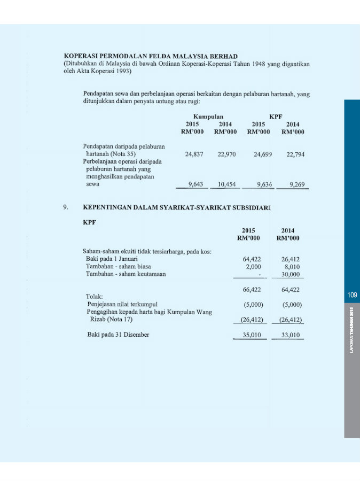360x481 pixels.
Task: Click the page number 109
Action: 351,294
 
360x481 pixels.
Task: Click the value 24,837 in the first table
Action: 194,154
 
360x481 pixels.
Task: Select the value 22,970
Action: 227,154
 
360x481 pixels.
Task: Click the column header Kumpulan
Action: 208,116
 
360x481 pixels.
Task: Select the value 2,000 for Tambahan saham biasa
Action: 253,266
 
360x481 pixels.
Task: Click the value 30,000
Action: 292,274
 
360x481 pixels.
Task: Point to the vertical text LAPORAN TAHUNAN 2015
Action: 352,329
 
